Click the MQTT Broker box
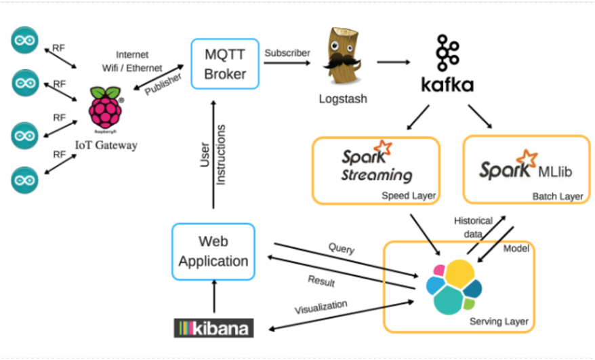tap(225, 64)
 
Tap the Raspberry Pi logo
tap(106, 108)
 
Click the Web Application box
tap(213, 251)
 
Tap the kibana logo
tap(213, 329)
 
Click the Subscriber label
tap(287, 52)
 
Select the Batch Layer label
tap(558, 197)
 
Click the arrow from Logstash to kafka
tap(394, 62)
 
